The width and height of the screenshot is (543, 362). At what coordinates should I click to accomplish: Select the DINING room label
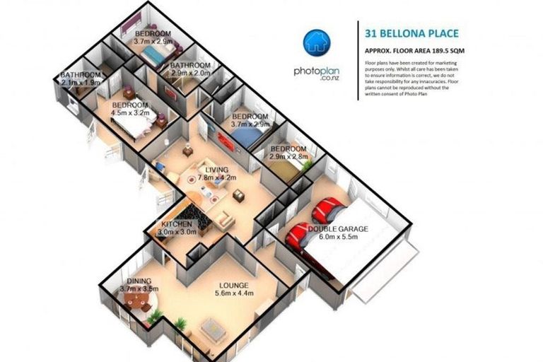click(x=139, y=281)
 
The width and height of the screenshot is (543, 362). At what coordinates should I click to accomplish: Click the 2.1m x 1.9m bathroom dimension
click(x=81, y=83)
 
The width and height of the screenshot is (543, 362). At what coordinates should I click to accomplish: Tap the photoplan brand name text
click(x=317, y=71)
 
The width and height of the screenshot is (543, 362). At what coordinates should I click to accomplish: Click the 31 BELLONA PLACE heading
click(x=411, y=33)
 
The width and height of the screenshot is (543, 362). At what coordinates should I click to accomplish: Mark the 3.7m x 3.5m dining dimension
click(x=139, y=289)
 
